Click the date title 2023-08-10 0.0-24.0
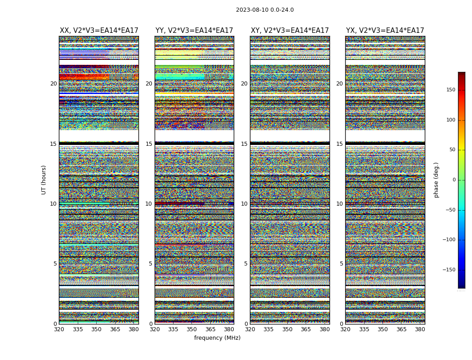265,10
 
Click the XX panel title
99,31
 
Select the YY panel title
194,31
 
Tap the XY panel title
290,31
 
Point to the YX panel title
385,31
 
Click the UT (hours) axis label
44,180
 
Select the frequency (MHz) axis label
217,338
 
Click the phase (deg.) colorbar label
436,180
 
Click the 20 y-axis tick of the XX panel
53,84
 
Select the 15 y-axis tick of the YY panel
149,144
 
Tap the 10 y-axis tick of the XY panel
244,204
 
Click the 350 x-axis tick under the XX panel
96,329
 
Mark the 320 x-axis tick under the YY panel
155,329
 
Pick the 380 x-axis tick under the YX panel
420,329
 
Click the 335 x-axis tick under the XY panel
268,329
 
